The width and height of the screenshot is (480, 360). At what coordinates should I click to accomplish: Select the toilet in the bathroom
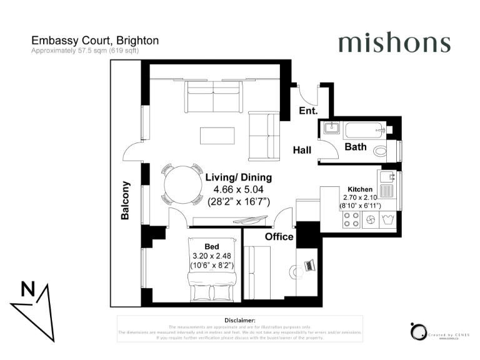[x=379, y=151]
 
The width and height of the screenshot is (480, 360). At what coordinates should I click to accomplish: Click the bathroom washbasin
[x=331, y=129]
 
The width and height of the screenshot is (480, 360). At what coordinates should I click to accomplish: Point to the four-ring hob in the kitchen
[x=351, y=219]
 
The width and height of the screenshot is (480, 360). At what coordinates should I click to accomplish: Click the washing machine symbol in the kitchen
[x=387, y=219]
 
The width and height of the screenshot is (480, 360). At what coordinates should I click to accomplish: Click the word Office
[x=279, y=237]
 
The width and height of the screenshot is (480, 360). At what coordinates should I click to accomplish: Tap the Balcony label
[x=126, y=200]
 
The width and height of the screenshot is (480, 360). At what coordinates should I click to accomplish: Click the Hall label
[x=303, y=150]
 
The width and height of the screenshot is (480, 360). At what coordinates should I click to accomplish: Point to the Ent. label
[x=309, y=111]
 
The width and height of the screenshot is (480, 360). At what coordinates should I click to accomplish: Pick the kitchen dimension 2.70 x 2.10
[x=361, y=197]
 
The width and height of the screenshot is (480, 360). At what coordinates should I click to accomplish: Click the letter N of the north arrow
[x=28, y=289]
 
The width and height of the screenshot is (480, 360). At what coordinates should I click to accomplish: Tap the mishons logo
[x=394, y=43]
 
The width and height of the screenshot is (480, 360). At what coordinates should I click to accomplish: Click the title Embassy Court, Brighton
[x=95, y=41]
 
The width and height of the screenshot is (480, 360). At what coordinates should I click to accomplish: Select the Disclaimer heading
[x=240, y=320]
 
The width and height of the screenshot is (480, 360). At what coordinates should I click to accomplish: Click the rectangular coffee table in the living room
[x=217, y=136]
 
